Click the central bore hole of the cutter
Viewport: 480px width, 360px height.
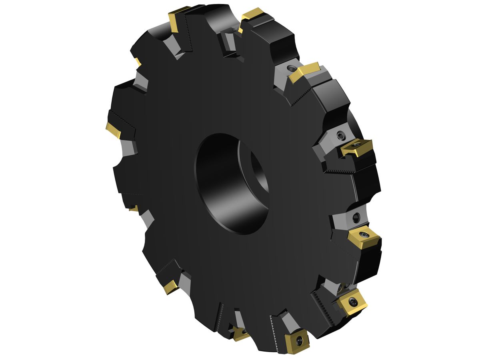click(x=228, y=182)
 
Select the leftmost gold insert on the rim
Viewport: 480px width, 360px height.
click(x=113, y=130)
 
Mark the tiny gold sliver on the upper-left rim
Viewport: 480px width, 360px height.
click(x=138, y=62)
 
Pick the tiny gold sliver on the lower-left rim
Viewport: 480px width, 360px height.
click(x=134, y=208)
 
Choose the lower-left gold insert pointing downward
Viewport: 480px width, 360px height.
click(x=171, y=286)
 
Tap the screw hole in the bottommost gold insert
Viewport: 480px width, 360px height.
click(x=299, y=340)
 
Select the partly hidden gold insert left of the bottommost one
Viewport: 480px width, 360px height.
click(x=241, y=334)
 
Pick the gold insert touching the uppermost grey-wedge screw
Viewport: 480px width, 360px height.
click(x=305, y=72)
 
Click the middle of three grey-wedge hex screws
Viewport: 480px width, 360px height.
click(x=341, y=136)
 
